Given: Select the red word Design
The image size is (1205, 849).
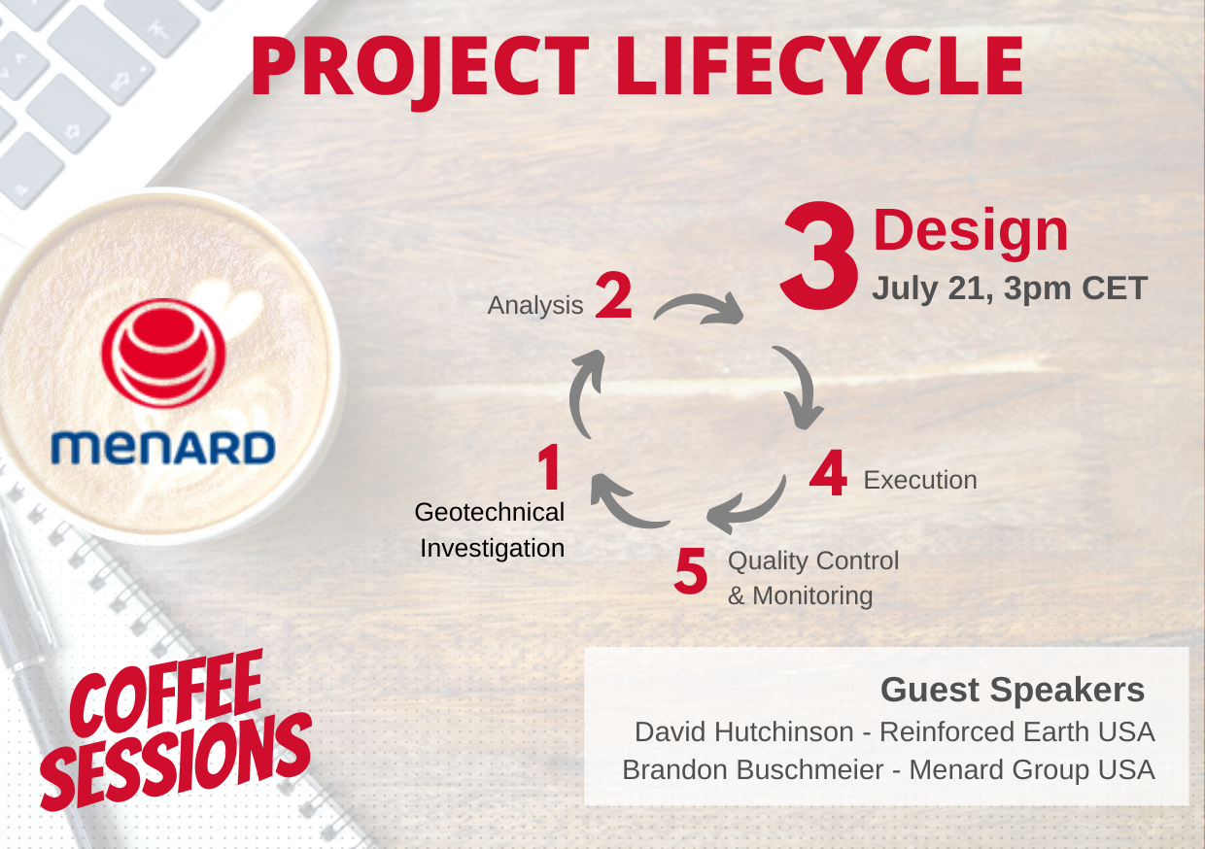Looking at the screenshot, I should [970, 231].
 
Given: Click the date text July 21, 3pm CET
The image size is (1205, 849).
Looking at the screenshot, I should [1009, 289].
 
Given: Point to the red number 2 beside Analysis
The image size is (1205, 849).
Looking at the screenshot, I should [613, 297].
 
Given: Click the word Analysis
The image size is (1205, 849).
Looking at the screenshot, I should [534, 305].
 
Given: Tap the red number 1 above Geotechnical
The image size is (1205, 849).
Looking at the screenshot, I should [550, 468].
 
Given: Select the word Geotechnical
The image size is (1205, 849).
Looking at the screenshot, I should [489, 512].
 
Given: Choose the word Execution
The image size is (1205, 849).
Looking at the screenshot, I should [919, 480].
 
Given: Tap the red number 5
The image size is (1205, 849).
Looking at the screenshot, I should [690, 571].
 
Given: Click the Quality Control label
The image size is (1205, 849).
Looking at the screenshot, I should [812, 561].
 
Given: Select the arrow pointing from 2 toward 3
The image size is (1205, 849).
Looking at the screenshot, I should [699, 309].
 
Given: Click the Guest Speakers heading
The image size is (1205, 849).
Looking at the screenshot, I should [1012, 690].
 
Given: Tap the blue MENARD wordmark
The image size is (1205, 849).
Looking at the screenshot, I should [163, 449].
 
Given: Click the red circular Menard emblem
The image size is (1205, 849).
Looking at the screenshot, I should [163, 352].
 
